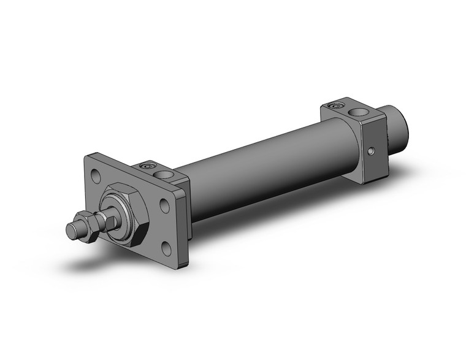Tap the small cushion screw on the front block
147,166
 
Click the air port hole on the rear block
356,113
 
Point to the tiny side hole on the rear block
371,150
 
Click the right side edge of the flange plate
185,227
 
